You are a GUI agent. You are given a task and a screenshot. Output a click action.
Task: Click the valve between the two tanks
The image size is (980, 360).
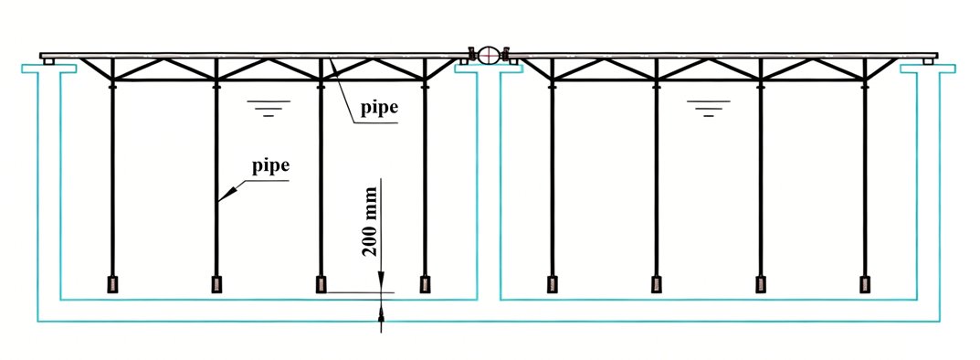(489, 55)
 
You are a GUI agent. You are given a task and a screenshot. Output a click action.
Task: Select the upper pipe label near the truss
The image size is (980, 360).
(379, 108)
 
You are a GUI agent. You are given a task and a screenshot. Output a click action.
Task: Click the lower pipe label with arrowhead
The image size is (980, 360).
(270, 166)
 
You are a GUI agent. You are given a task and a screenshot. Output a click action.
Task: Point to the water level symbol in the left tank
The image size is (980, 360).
(269, 108)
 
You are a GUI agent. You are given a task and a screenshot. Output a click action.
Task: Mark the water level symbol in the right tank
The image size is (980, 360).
(708, 108)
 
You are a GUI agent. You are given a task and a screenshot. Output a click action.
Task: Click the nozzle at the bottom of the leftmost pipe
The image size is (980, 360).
(113, 284)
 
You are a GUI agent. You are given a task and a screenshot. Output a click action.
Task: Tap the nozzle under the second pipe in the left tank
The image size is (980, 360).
(216, 284)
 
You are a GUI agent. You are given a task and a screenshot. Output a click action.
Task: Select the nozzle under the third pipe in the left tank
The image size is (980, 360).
(321, 284)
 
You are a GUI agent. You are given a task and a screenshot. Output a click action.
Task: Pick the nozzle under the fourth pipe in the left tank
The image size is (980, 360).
(425, 284)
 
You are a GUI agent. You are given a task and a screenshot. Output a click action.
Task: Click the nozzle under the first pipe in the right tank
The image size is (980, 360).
(553, 284)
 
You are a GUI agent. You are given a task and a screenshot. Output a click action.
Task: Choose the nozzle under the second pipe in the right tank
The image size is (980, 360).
(657, 284)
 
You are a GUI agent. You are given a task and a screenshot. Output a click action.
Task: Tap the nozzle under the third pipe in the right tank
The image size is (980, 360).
(761, 284)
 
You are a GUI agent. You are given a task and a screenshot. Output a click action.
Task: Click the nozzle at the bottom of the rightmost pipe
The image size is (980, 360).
(865, 284)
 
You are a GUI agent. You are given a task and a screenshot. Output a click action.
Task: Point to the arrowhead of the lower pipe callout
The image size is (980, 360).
(227, 194)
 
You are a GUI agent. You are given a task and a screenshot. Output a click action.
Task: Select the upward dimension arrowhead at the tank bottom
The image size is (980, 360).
(381, 310)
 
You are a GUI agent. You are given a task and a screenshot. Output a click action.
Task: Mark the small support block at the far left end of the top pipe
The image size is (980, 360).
(48, 61)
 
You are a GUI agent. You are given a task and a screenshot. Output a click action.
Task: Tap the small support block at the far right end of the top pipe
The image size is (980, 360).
(928, 61)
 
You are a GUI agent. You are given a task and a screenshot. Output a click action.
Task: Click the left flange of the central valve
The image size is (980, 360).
(472, 55)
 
